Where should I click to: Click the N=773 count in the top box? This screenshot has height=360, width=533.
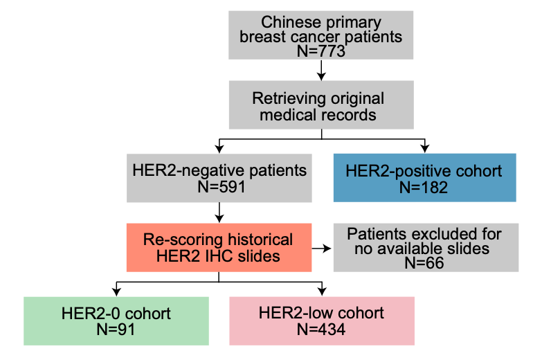click(x=321, y=51)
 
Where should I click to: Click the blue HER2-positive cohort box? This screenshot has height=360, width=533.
click(x=424, y=178)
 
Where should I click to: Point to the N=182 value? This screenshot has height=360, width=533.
click(x=424, y=187)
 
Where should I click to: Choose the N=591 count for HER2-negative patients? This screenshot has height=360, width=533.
click(x=219, y=187)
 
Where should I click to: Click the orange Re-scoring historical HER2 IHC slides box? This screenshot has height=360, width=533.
click(x=218, y=248)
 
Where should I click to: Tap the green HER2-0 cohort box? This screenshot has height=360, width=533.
click(x=116, y=321)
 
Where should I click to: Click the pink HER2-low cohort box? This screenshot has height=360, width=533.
click(x=321, y=321)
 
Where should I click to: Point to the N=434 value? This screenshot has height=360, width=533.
click(x=321, y=330)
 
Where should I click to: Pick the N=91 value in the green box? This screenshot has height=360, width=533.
click(x=116, y=330)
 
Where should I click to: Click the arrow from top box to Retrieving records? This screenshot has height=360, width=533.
click(x=321, y=70)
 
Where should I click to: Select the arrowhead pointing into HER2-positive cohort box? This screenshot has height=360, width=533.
click(x=424, y=148)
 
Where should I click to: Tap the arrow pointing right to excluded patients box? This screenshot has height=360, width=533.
click(x=319, y=247)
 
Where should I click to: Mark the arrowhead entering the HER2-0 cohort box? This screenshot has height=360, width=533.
click(x=116, y=292)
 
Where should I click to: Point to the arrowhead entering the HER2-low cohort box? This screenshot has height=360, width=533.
click(x=321, y=292)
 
